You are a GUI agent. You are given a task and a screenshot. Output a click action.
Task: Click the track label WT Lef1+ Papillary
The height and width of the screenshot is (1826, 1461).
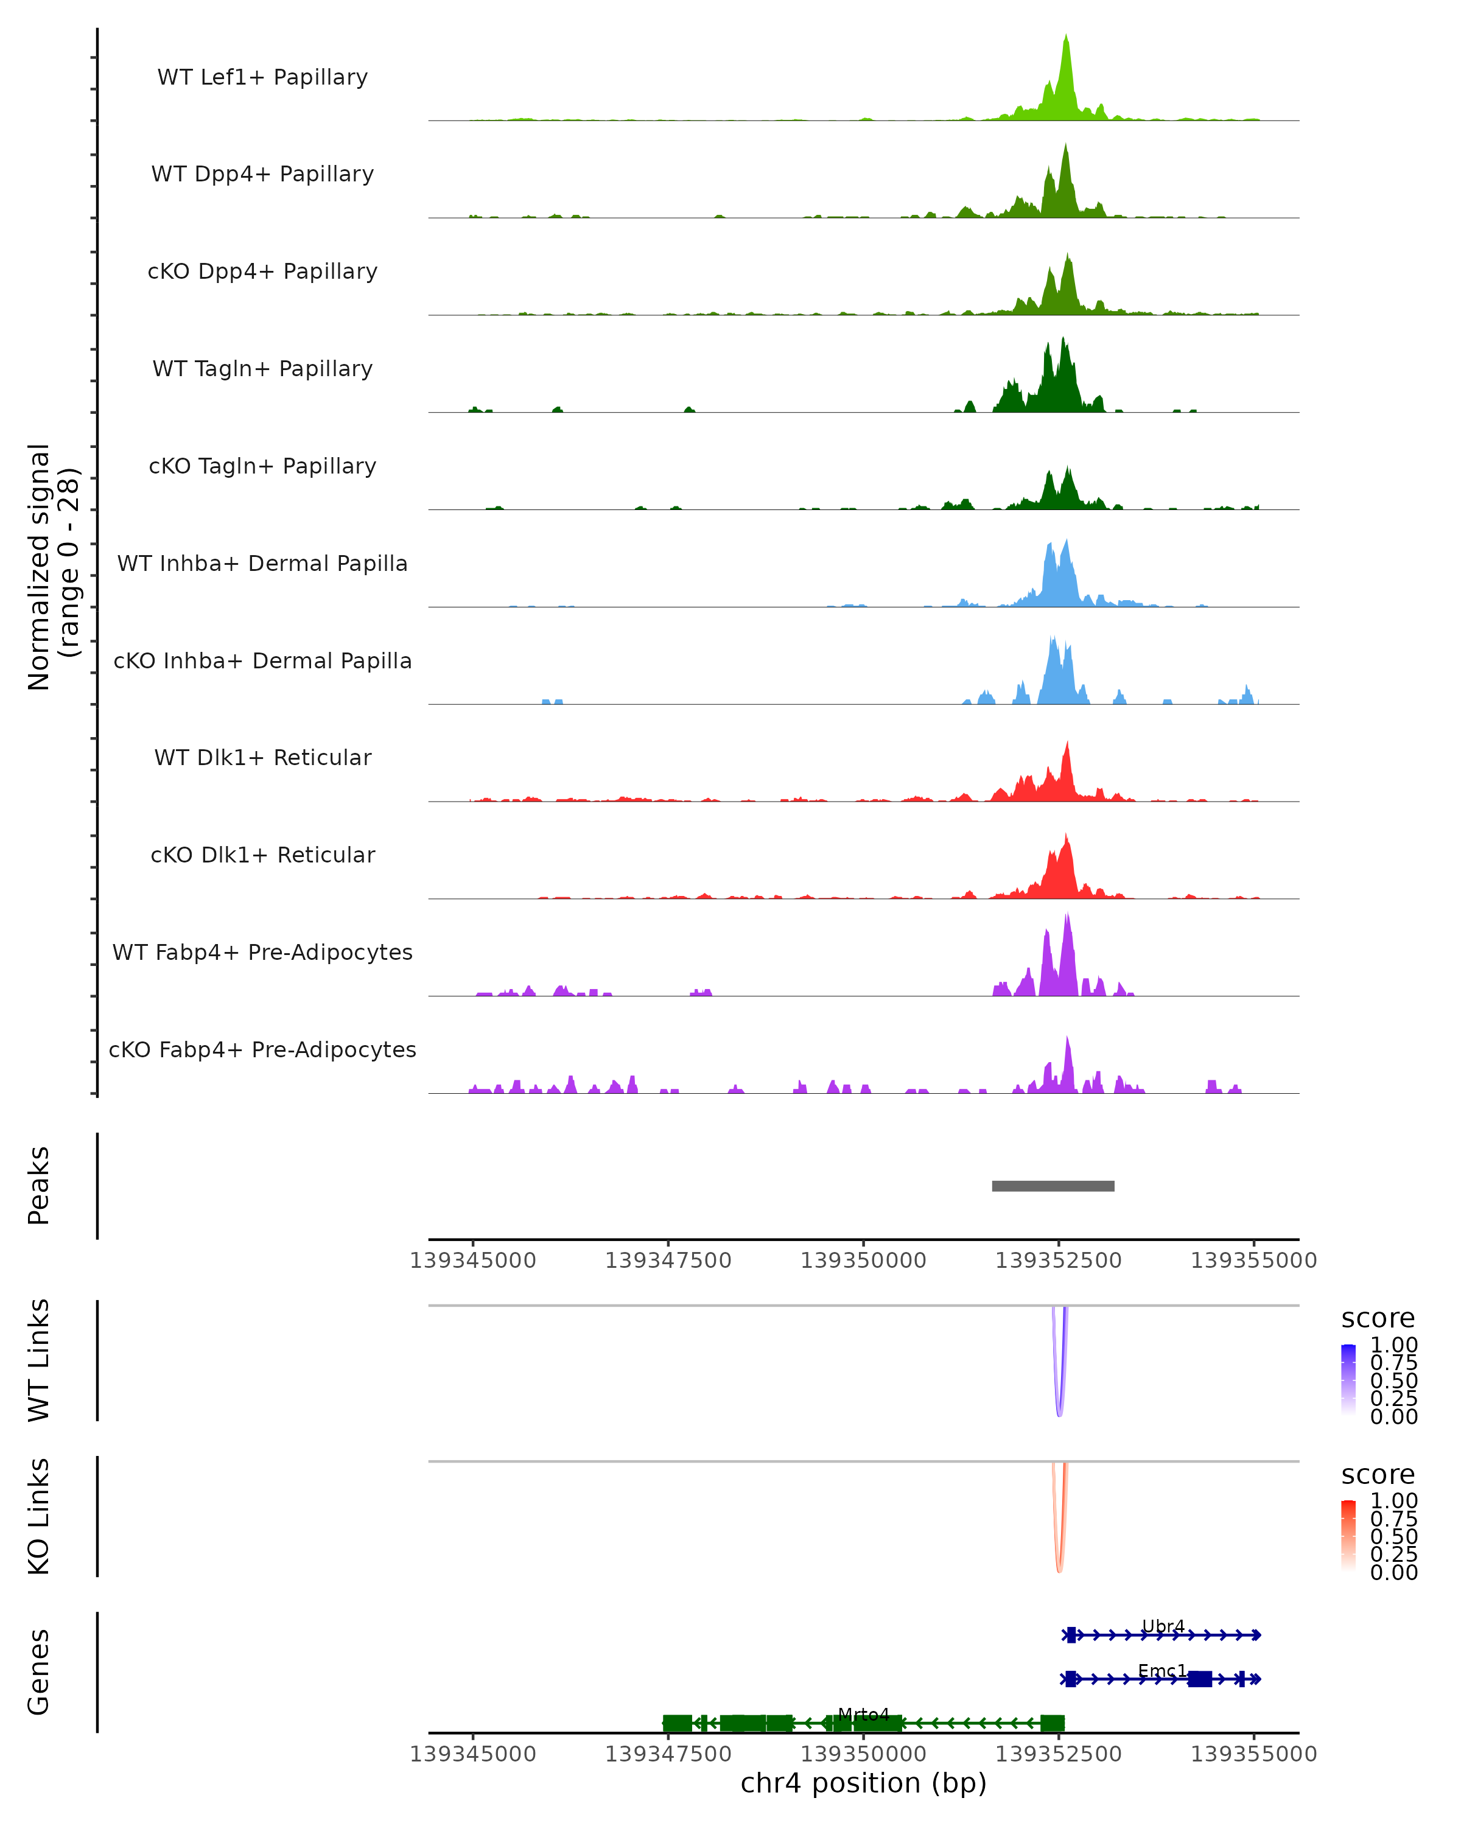pos(262,77)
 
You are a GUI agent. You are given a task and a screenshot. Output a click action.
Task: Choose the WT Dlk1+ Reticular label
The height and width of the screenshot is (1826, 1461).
pos(262,757)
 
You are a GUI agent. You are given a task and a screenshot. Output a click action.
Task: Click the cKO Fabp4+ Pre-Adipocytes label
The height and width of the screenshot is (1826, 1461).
pos(262,1049)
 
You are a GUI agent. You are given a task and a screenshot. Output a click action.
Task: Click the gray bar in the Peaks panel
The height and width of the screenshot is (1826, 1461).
pos(1053,1186)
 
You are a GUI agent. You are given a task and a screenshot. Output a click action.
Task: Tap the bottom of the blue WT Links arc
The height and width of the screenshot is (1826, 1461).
pos(1059,1415)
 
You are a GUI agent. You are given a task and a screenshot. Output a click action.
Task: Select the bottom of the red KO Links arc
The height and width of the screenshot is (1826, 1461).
pos(1059,1571)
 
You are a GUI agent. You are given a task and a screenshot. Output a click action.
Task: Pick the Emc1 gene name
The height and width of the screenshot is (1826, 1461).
pos(1162,1670)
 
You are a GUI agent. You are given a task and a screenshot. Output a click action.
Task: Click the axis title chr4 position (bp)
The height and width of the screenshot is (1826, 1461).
pos(863,1783)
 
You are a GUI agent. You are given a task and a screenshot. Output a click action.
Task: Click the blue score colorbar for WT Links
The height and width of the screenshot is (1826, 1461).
pos(1348,1380)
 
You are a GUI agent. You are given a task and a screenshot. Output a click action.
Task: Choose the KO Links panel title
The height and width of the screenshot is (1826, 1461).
pos(39,1516)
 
